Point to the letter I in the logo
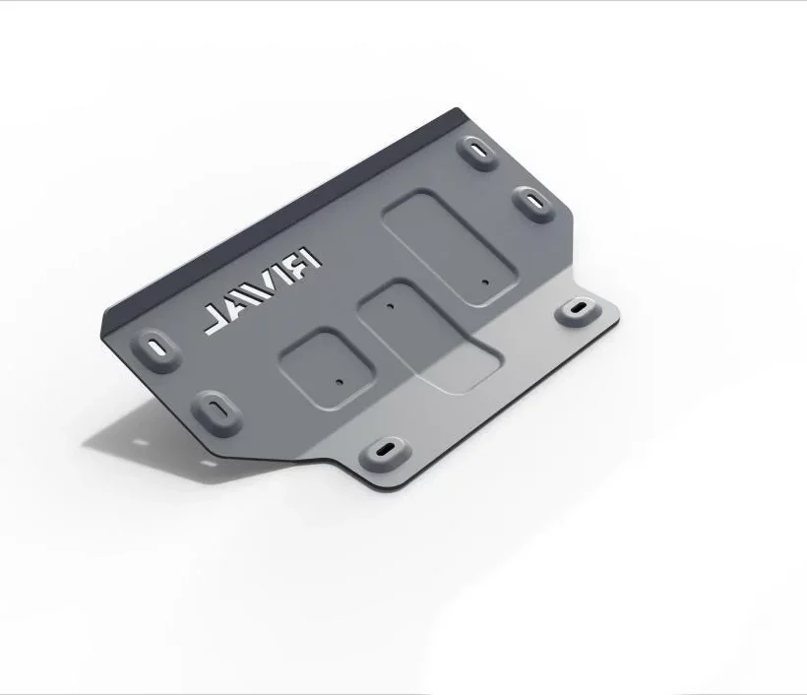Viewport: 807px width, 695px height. (289, 275)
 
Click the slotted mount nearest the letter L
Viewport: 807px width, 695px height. (157, 348)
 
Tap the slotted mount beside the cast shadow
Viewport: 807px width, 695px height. (217, 413)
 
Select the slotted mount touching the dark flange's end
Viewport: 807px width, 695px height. (477, 153)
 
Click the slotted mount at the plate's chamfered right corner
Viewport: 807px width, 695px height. (533, 205)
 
